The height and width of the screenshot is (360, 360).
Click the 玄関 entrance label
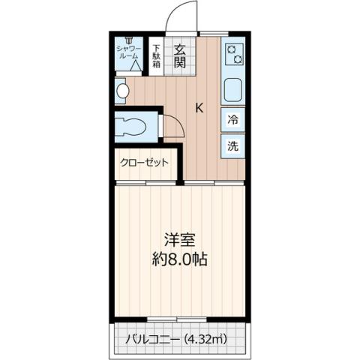click(x=180, y=56)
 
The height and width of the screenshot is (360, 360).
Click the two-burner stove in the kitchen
click(x=234, y=54)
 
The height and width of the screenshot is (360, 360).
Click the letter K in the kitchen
click(x=199, y=107)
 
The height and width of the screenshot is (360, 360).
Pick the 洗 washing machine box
click(x=233, y=145)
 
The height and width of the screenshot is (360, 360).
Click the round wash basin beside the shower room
click(x=121, y=91)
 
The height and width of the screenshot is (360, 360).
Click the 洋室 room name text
click(x=180, y=241)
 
